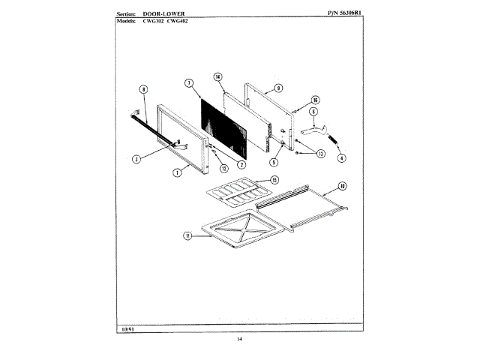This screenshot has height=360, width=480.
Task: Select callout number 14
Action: pos(217,76)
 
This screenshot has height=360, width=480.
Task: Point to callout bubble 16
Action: pos(316,99)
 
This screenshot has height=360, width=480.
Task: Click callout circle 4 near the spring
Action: pos(341,158)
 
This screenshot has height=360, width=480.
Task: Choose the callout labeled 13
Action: pos(321,154)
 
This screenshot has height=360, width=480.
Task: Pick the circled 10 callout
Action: pos(342,185)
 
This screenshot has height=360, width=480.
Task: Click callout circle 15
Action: pos(274,180)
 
